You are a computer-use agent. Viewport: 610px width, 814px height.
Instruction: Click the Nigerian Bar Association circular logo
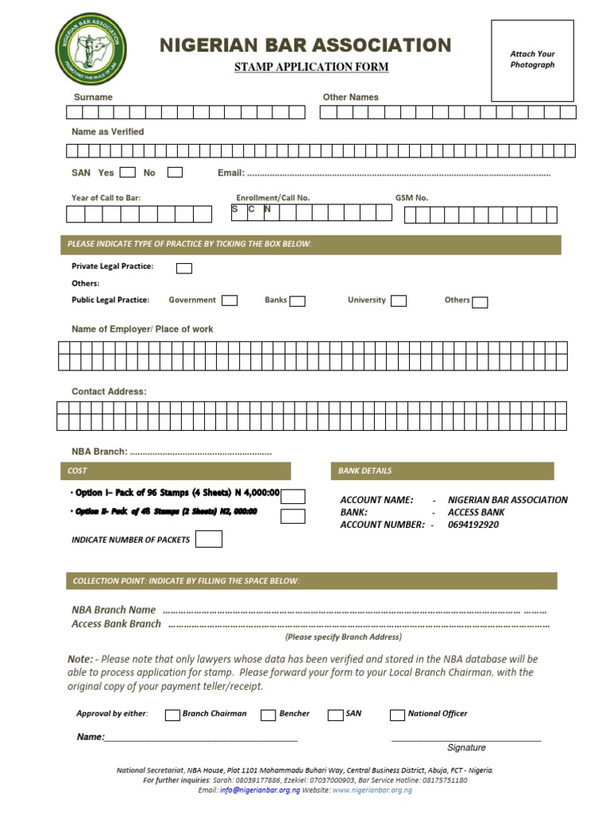tap(91, 50)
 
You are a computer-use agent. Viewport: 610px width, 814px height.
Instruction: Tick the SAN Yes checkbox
tap(127, 172)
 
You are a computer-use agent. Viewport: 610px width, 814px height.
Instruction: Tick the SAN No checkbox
tap(175, 172)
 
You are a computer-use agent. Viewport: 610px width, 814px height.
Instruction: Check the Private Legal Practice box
tap(183, 268)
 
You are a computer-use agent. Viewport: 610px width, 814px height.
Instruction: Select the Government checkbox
tap(230, 300)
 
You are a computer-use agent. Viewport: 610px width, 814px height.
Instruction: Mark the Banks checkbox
tap(298, 300)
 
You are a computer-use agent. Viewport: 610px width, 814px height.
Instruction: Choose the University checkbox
tap(399, 300)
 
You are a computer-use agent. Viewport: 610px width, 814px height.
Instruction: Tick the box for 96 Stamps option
tap(293, 497)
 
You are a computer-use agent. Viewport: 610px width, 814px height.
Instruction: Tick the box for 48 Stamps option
tap(293, 516)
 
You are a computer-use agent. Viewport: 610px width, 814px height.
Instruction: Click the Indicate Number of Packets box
tap(209, 539)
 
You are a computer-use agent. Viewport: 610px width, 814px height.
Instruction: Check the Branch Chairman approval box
tap(172, 715)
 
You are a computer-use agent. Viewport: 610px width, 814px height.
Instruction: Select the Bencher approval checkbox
tap(268, 715)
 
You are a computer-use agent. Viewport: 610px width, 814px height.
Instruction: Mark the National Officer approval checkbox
tap(397, 715)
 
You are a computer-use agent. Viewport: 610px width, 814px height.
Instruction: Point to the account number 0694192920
tap(473, 525)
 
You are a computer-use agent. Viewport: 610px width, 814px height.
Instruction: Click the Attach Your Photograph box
tap(532, 60)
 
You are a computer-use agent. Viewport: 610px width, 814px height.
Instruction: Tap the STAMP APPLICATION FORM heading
tap(311, 67)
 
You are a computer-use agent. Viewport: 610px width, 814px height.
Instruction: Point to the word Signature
tap(466, 747)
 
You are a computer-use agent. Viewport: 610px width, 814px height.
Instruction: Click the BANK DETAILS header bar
tap(442, 471)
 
